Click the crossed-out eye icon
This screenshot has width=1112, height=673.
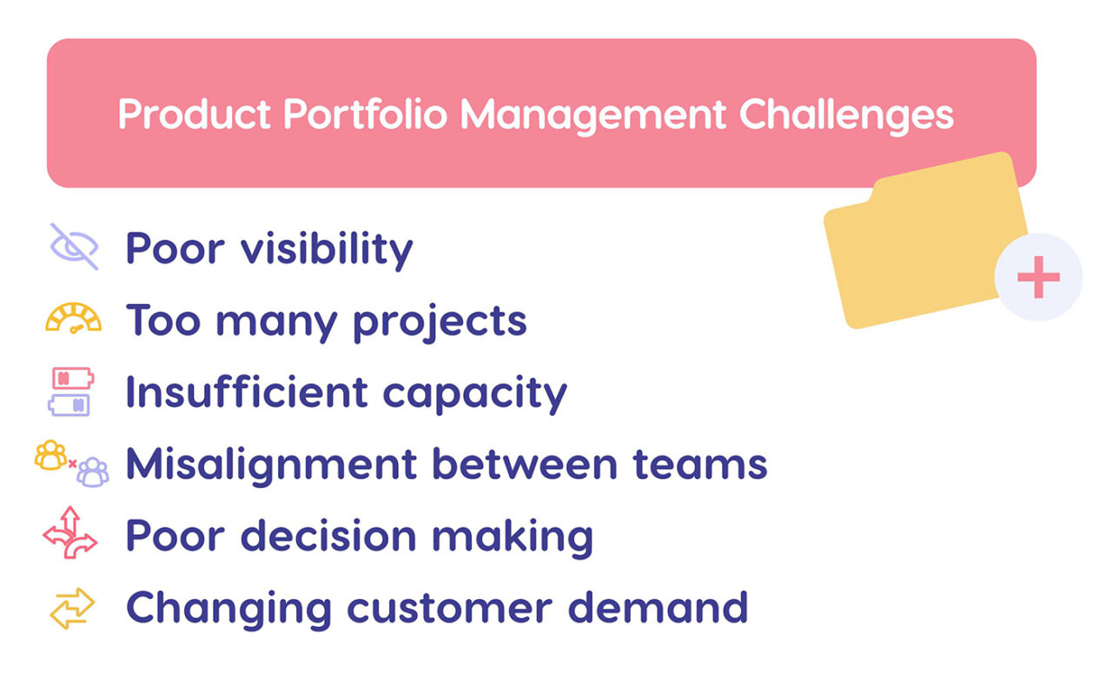74,247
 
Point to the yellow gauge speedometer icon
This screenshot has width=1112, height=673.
74,319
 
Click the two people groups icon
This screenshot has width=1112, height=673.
72,464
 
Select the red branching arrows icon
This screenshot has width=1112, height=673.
70,533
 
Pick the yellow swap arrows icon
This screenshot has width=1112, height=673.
72,608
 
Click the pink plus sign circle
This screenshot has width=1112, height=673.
1038,278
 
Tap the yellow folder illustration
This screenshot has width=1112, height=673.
921,243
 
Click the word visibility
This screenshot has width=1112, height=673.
327,248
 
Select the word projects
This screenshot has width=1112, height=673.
440,322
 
